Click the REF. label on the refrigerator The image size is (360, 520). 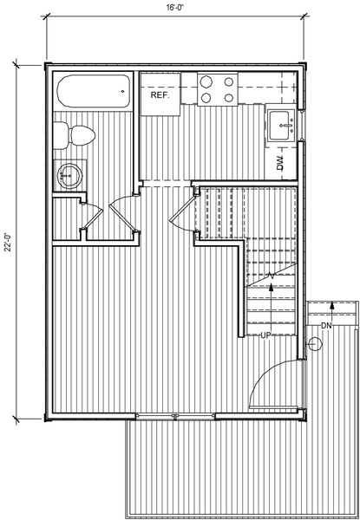[x=160, y=95]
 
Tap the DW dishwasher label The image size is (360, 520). [x=281, y=163]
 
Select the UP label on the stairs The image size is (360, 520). [x=265, y=335]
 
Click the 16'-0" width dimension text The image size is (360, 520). [x=175, y=8]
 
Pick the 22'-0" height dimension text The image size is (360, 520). [x=7, y=242]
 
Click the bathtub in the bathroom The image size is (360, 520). [x=93, y=91]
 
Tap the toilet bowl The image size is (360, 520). [x=83, y=136]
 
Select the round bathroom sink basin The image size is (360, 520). [x=69, y=175]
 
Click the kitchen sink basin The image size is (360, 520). [x=279, y=126]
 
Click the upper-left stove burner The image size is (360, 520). [x=206, y=81]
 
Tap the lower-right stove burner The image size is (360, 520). [x=228, y=98]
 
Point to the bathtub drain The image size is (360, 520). [x=122, y=91]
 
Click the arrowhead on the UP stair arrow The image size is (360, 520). [x=271, y=288]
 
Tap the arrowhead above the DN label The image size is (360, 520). [x=331, y=306]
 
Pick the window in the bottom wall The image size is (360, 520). [x=175, y=416]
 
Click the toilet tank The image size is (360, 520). [x=61, y=135]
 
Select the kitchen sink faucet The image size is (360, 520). [x=286, y=126]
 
